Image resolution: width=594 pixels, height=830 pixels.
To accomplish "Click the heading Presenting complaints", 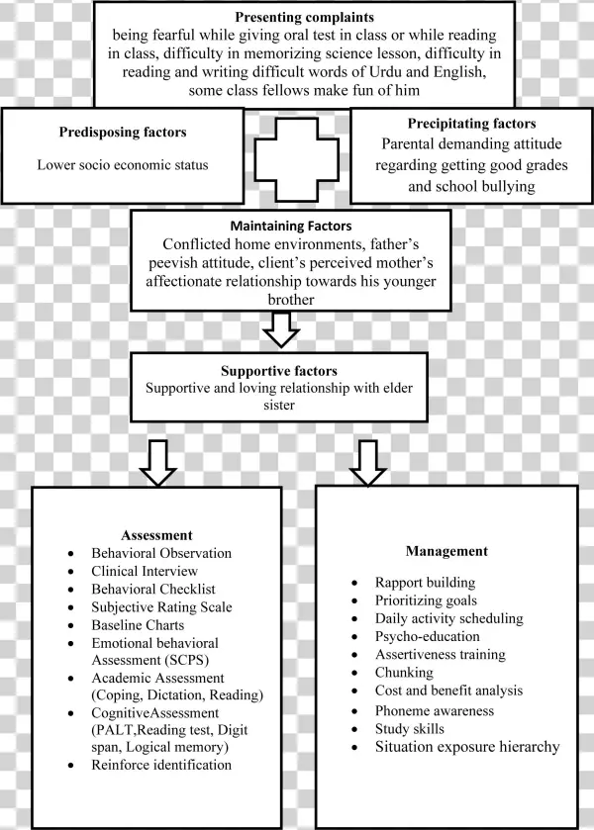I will pyautogui.click(x=305, y=17).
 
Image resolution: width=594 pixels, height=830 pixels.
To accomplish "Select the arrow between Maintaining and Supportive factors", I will pyautogui.click(x=284, y=328).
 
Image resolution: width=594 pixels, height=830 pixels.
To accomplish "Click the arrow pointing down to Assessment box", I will pyautogui.click(x=157, y=462).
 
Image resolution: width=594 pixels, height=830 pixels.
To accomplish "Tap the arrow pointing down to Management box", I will pyautogui.click(x=367, y=462).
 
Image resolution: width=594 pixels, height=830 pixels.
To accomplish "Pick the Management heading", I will pyautogui.click(x=446, y=550).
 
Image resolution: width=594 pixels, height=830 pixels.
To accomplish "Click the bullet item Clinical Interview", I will pyautogui.click(x=145, y=571).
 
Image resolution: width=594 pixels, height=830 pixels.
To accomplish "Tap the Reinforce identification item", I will pyautogui.click(x=161, y=765).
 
